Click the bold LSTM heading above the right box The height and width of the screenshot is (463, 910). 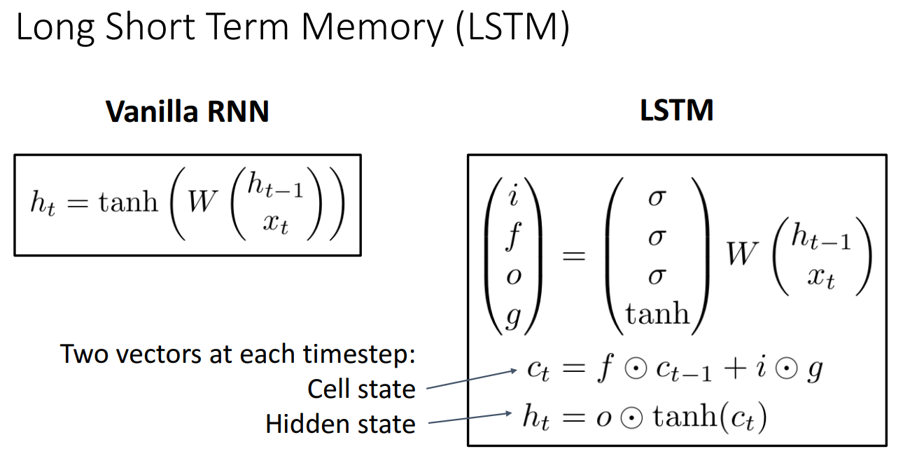tap(676, 111)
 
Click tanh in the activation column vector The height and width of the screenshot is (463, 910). tap(657, 314)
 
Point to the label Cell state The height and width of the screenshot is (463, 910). tap(361, 389)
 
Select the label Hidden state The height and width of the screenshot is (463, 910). tap(340, 424)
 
